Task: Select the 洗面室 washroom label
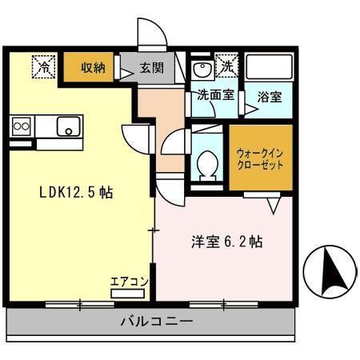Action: pyautogui.click(x=215, y=95)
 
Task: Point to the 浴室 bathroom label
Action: pyautogui.click(x=268, y=97)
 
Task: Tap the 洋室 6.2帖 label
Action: pyautogui.click(x=227, y=240)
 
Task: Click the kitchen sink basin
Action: pyautogui.click(x=68, y=126)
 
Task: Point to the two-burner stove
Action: pyautogui.click(x=21, y=126)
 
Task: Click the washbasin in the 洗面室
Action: pyautogui.click(x=202, y=67)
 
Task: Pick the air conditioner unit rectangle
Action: pyautogui.click(x=130, y=294)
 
